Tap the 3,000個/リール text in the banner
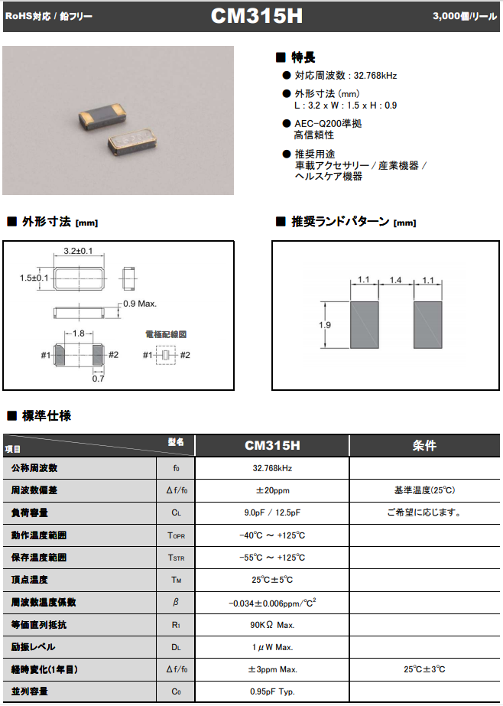pyautogui.click(x=464, y=16)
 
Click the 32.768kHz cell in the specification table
pyautogui.click(x=272, y=467)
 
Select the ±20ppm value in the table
pyautogui.click(x=272, y=490)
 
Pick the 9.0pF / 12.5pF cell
pyautogui.click(x=272, y=512)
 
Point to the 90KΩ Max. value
pyautogui.click(x=272, y=625)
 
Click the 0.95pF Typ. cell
pyautogui.click(x=272, y=692)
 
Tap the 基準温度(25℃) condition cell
pyautogui.click(x=424, y=490)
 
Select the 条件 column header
pyautogui.click(x=424, y=445)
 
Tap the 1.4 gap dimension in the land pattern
pyautogui.click(x=395, y=280)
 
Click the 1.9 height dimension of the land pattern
pyautogui.click(x=325, y=324)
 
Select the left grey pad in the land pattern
pyautogui.click(x=363, y=325)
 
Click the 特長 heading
pyautogui.click(x=303, y=57)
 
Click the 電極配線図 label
pyautogui.click(x=166, y=334)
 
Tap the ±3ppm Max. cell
pyautogui.click(x=272, y=669)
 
